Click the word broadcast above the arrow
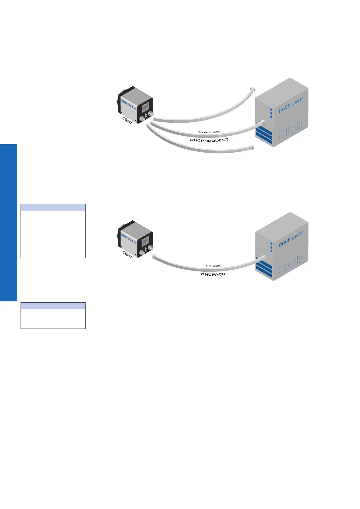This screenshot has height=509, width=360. [x=209, y=132]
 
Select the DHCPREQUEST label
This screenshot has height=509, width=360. [x=209, y=140]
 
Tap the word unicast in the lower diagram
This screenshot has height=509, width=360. [x=214, y=265]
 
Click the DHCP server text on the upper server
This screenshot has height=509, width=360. [x=290, y=105]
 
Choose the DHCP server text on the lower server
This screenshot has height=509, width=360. [x=290, y=239]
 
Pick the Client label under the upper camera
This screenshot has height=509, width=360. [x=127, y=120]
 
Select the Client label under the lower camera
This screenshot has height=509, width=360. [x=127, y=254]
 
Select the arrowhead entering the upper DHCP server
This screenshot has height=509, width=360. [x=262, y=123]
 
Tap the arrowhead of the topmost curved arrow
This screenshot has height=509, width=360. [x=253, y=89]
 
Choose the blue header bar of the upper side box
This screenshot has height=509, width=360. [x=53, y=207]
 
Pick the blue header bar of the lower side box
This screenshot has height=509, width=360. [x=53, y=306]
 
